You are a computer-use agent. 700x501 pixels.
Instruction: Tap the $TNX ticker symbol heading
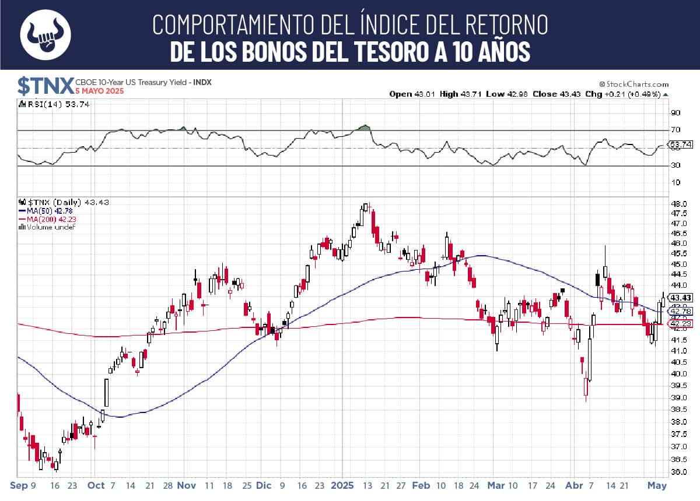point(45,84)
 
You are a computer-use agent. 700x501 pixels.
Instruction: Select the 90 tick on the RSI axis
point(675,112)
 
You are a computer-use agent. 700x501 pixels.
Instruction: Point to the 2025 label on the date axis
point(342,485)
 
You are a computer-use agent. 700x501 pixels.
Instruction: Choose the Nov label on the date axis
point(187,485)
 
